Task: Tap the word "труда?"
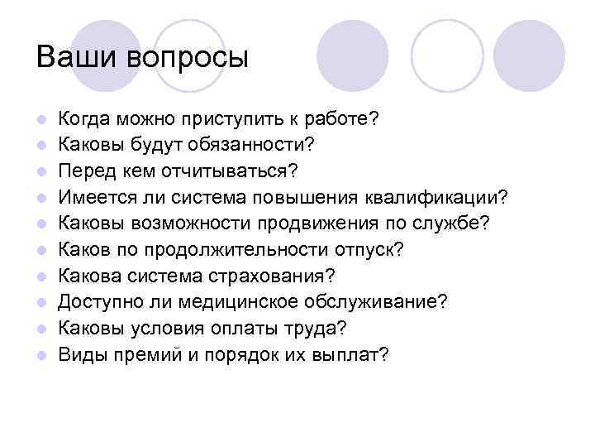[318, 329]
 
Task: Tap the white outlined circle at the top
[447, 55]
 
